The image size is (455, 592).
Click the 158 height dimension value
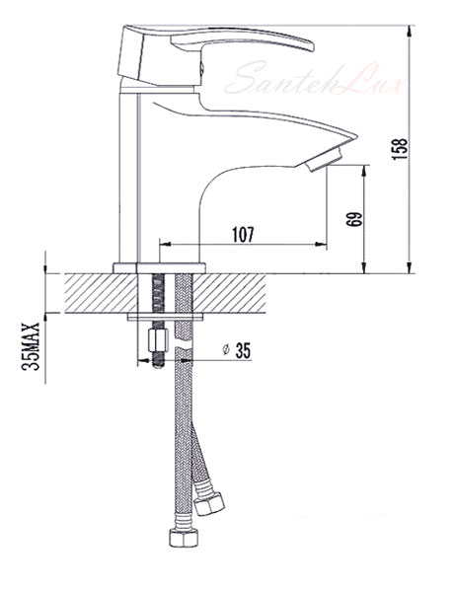click(401, 149)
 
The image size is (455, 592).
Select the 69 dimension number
click(354, 219)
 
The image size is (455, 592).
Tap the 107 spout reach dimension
click(243, 235)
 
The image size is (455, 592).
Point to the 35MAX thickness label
click(31, 346)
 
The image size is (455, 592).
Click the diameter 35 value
click(243, 350)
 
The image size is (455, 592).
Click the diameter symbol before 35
click(226, 349)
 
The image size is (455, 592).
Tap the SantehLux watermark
click(314, 79)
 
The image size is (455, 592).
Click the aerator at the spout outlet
click(324, 160)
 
